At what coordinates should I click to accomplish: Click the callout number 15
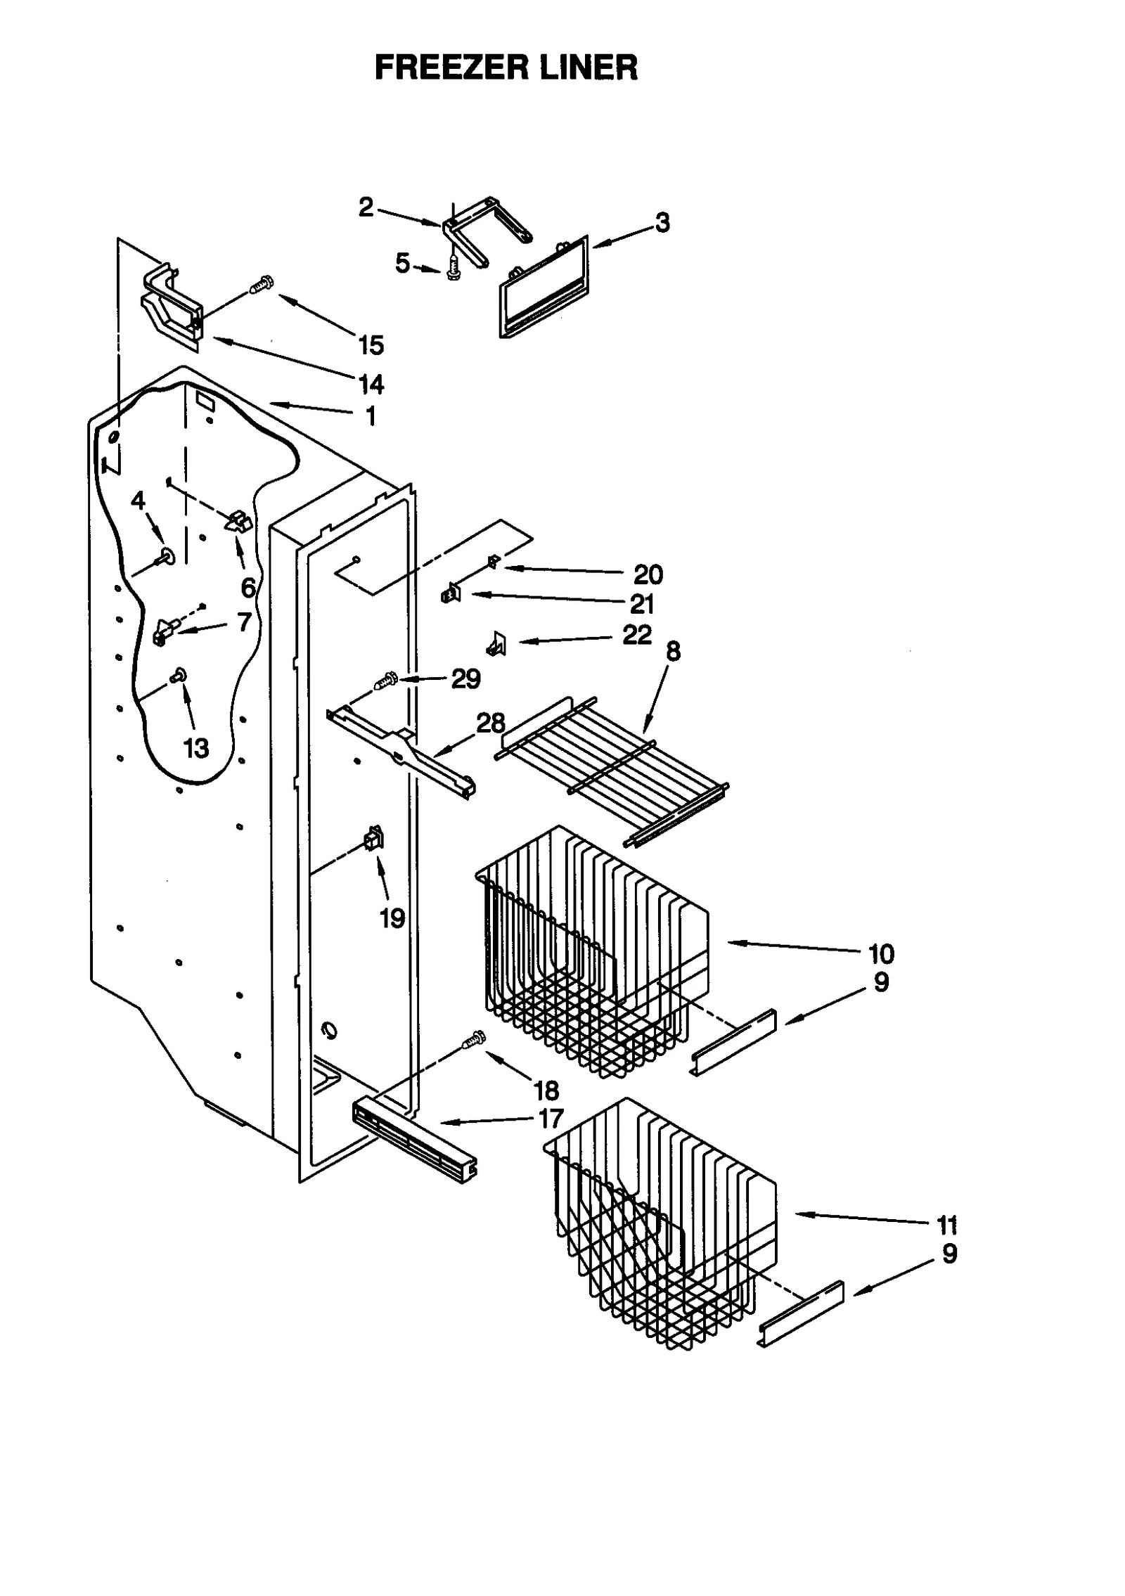371,345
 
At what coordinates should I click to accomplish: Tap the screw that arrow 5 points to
453,269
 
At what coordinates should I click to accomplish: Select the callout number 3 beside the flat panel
662,223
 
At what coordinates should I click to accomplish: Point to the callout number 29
465,679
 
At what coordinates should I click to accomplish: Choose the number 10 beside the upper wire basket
881,954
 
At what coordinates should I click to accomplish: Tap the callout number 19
392,918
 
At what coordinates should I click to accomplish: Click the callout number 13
196,748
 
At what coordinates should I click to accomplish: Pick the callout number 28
491,723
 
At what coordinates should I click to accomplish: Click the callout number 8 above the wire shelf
673,652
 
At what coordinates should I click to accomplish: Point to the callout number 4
139,501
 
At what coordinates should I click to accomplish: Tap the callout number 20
648,574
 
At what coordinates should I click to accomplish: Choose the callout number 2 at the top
366,207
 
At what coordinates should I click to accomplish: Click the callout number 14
371,385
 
